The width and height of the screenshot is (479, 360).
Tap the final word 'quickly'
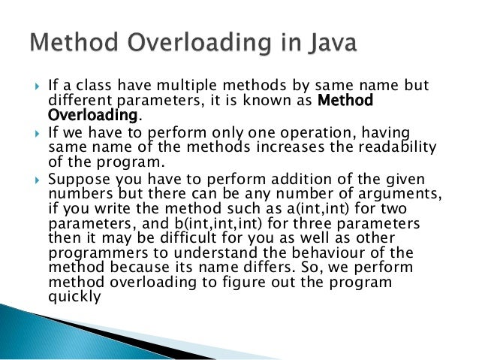pos(74,295)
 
